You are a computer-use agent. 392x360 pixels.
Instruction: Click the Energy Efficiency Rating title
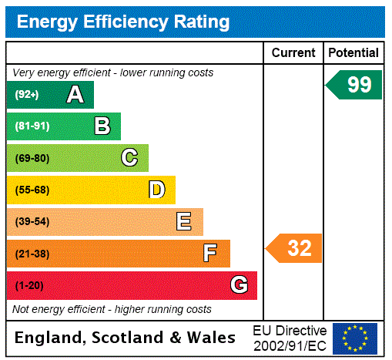coord(123,22)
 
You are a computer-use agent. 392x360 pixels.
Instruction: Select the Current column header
coord(293,52)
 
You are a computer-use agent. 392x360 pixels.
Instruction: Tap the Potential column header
coord(353,52)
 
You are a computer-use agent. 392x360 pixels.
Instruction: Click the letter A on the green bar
coord(75,95)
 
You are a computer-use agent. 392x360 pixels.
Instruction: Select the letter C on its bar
coord(129,158)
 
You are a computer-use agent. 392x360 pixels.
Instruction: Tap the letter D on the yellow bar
coord(157,190)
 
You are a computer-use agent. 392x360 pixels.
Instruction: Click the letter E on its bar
coord(184,222)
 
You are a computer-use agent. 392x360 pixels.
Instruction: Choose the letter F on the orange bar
coord(210,254)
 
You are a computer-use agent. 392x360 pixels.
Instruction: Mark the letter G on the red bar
coord(239,285)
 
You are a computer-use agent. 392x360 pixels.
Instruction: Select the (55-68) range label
coord(32,190)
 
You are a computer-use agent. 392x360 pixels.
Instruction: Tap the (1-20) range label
coord(29,286)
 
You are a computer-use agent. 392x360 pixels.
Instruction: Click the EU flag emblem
coord(355,338)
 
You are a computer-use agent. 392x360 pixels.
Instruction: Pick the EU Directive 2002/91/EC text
coord(290,338)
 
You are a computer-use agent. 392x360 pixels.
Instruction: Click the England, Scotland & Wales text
coord(126,338)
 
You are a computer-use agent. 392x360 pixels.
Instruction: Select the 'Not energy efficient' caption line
coord(112,309)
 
